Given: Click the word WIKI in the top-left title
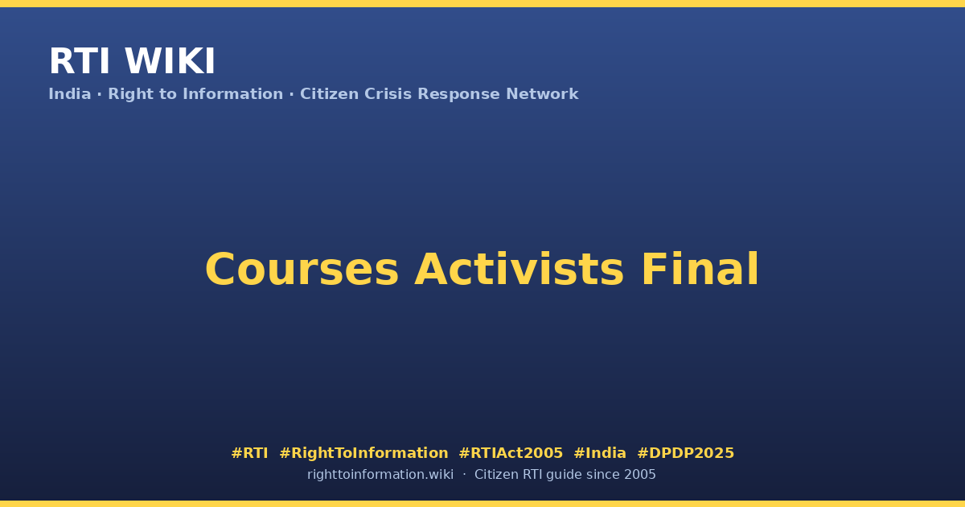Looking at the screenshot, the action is click(x=170, y=61).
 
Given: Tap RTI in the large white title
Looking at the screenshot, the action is click(x=80, y=61).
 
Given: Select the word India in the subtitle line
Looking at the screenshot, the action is click(x=70, y=93).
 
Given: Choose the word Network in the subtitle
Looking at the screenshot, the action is click(x=542, y=93).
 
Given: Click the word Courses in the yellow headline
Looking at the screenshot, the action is click(x=302, y=270).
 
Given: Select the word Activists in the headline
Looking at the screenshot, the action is click(x=519, y=269).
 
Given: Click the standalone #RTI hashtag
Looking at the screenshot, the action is click(x=249, y=452).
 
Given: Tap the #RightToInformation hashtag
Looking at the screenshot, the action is click(x=363, y=453).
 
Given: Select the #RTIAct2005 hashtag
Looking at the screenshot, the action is click(x=511, y=452).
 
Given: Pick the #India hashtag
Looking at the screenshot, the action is click(x=600, y=452).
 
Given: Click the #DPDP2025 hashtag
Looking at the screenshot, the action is click(x=685, y=452).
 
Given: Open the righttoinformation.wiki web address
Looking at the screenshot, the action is click(x=380, y=475).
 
